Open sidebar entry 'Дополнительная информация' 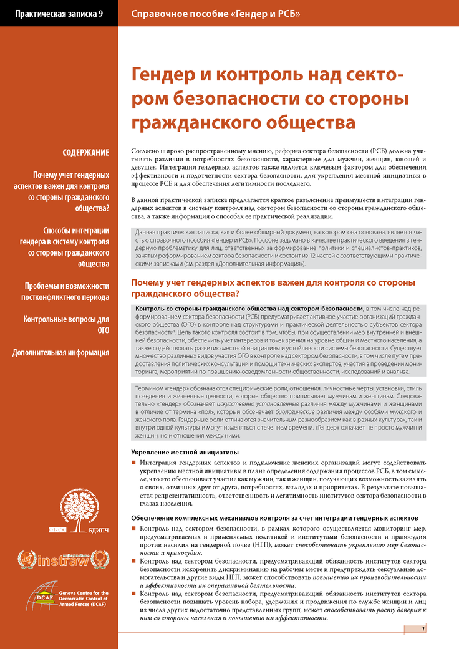61,353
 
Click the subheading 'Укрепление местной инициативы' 185,452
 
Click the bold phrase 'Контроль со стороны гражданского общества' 249,309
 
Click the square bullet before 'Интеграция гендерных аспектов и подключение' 134,463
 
